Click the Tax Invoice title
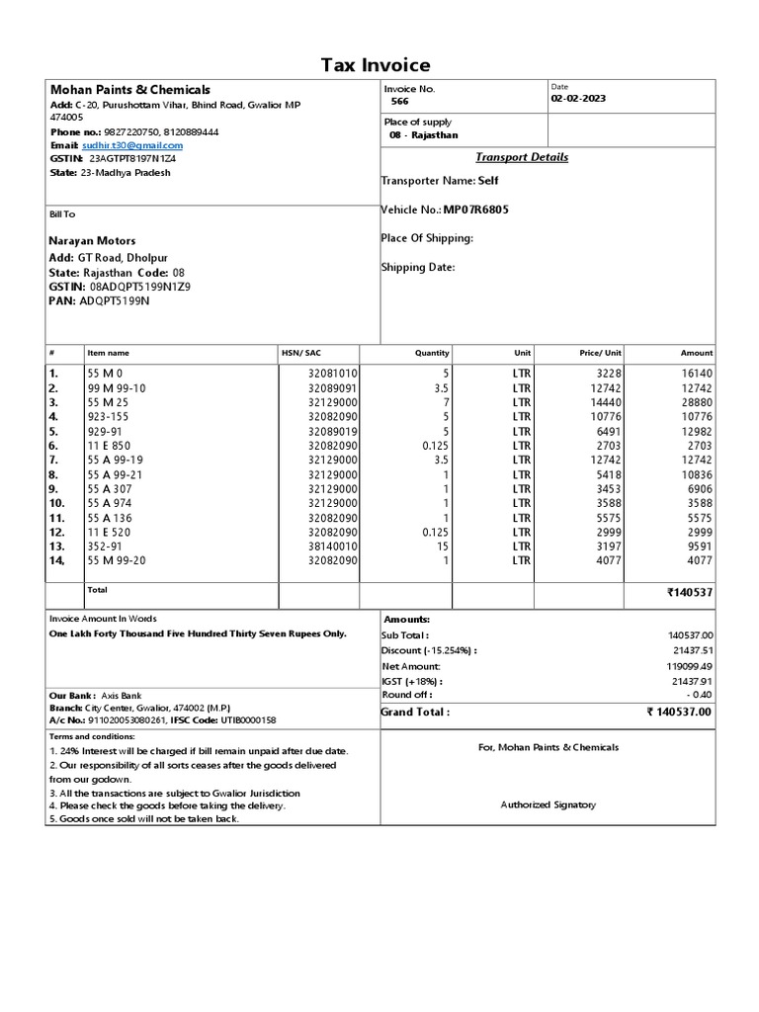pyautogui.click(x=376, y=65)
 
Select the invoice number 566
pyautogui.click(x=399, y=102)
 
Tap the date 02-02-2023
pyautogui.click(x=580, y=99)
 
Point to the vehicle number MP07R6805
pyautogui.click(x=476, y=210)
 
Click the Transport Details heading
pyautogui.click(x=522, y=157)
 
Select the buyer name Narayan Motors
pyautogui.click(x=92, y=240)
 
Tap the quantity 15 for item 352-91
pyautogui.click(x=443, y=545)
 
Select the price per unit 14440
pyautogui.click(x=605, y=403)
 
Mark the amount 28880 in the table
pyautogui.click(x=694, y=403)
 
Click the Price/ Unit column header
pyautogui.click(x=600, y=353)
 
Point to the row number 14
pyautogui.click(x=56, y=559)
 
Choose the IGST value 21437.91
pyautogui.click(x=691, y=681)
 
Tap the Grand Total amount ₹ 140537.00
pyautogui.click(x=679, y=712)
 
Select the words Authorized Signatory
pyautogui.click(x=548, y=804)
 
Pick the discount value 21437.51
pyautogui.click(x=691, y=650)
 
